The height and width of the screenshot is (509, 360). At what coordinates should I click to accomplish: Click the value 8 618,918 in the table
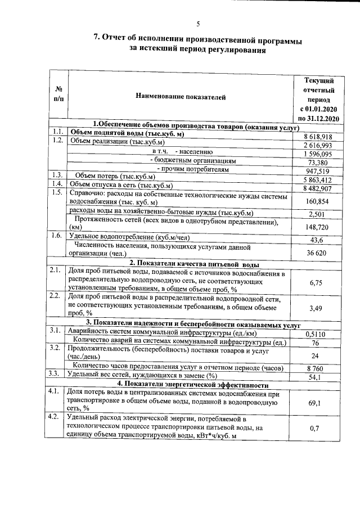pyautogui.click(x=318, y=137)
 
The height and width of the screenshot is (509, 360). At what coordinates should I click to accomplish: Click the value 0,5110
pyautogui.click(x=318, y=334)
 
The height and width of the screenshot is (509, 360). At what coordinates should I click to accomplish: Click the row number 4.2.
pyautogui.click(x=55, y=417)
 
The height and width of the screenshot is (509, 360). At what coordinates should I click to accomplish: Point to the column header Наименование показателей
pyautogui.click(x=181, y=97)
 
